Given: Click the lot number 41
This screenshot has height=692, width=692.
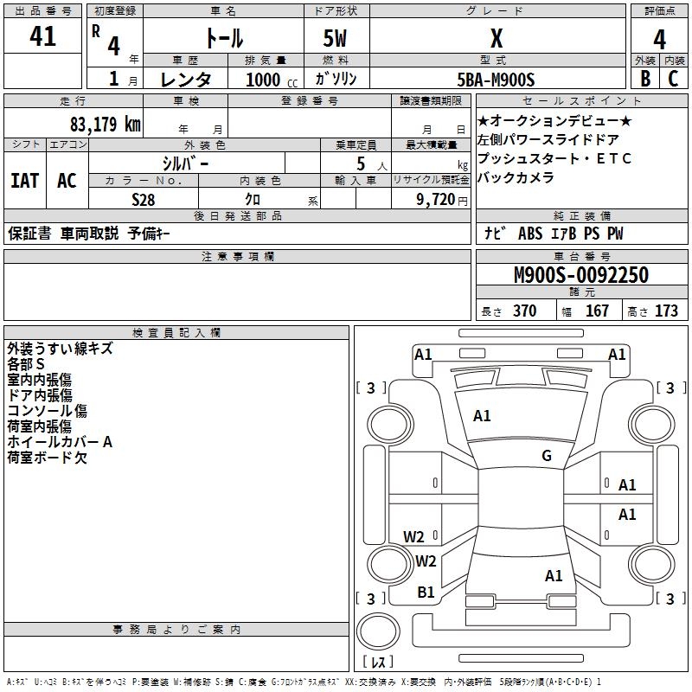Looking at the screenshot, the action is pyautogui.click(x=42, y=35).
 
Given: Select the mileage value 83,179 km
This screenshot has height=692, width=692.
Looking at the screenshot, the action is pyautogui.click(x=106, y=124).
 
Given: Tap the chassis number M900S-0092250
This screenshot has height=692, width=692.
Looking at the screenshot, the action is pyautogui.click(x=581, y=274).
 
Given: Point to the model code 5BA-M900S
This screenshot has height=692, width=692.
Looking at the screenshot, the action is pyautogui.click(x=496, y=80).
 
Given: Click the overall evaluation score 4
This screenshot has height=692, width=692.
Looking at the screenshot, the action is pyautogui.click(x=659, y=39).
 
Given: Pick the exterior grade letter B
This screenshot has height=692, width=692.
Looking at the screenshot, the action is pyautogui.click(x=645, y=79).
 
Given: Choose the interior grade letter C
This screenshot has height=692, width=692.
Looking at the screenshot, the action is pyautogui.click(x=673, y=79).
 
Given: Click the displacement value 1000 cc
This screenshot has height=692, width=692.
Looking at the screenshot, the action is pyautogui.click(x=272, y=80).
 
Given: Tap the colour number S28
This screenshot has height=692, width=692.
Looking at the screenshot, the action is pyautogui.click(x=144, y=200).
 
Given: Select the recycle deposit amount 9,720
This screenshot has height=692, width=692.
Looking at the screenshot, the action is pyautogui.click(x=436, y=200).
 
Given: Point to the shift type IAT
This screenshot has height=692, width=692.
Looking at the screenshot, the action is pyautogui.click(x=25, y=181).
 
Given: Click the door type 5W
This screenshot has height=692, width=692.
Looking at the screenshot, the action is pyautogui.click(x=335, y=38).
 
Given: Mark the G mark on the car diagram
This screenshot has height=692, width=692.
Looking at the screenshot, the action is pyautogui.click(x=547, y=455).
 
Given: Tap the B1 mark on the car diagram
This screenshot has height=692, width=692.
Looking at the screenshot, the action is pyautogui.click(x=426, y=593).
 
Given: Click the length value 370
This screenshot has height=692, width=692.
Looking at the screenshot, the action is pyautogui.click(x=525, y=311).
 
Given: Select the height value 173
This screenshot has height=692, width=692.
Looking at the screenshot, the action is pyautogui.click(x=666, y=311).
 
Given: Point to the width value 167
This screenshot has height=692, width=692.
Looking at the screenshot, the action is pyautogui.click(x=597, y=311).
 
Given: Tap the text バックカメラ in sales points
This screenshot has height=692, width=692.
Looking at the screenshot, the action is pyautogui.click(x=516, y=177).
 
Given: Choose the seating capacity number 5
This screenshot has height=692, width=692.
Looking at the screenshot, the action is pyautogui.click(x=361, y=163).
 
